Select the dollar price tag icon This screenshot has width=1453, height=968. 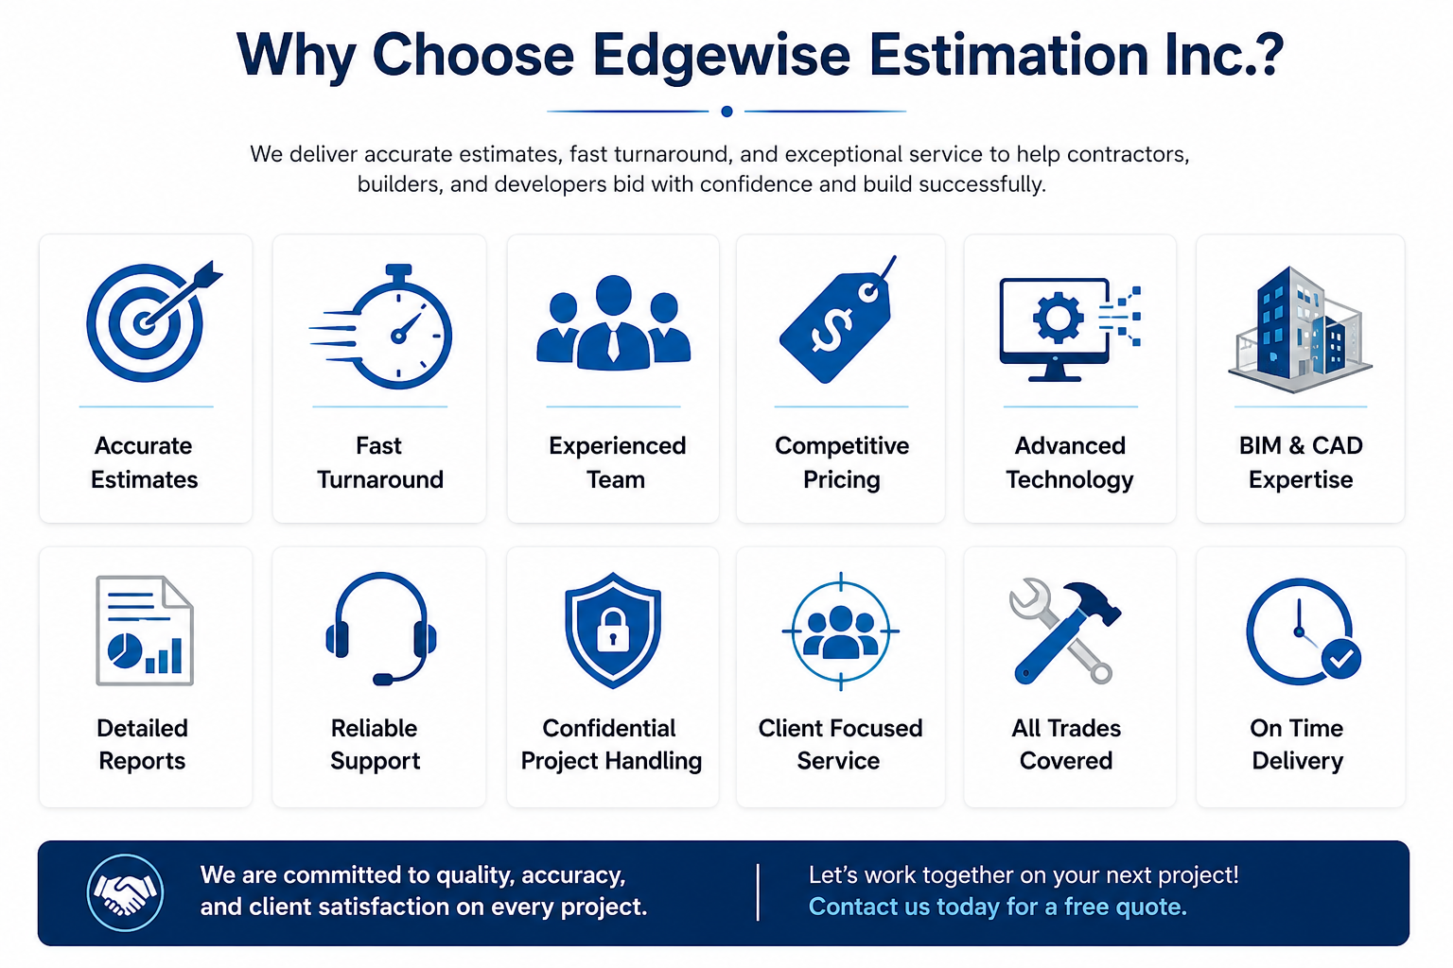[x=838, y=320]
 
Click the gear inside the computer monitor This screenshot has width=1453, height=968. [x=1058, y=318]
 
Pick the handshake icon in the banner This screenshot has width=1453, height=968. [x=125, y=892]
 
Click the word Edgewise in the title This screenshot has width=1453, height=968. [x=721, y=55]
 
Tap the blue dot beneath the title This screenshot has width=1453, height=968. [x=726, y=112]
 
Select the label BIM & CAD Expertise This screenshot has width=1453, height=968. [x=1301, y=462]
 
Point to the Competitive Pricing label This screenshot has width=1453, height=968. [x=842, y=462]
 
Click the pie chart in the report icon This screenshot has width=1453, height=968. [x=125, y=650]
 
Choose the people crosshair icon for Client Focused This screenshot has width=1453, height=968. [x=841, y=631]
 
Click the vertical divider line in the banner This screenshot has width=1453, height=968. [x=758, y=892]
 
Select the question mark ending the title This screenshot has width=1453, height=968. [x=1267, y=55]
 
